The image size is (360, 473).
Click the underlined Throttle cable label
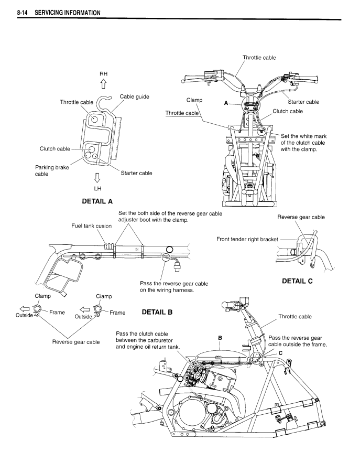182,113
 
